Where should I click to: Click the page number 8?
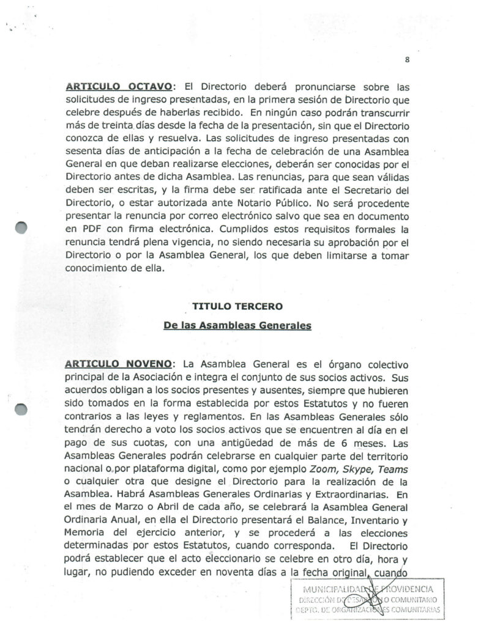coord(406,59)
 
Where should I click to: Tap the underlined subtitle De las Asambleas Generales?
coord(237,326)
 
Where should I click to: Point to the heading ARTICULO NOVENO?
coord(120,364)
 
